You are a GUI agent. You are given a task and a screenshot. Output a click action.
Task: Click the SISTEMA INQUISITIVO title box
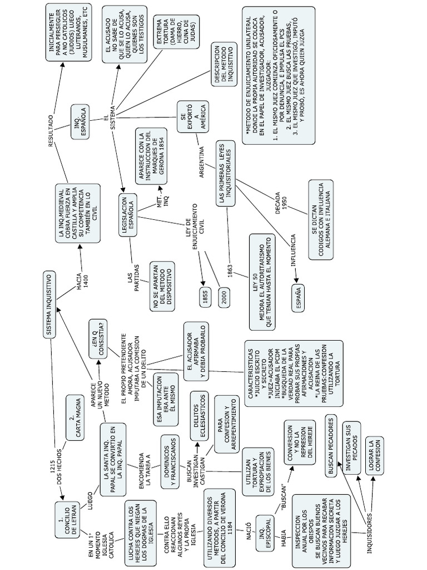(49, 304)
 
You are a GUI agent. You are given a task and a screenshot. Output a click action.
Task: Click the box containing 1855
(205, 298)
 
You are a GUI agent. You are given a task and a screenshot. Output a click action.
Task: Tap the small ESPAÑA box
(299, 295)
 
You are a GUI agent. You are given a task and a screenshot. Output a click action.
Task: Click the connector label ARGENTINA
(202, 161)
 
